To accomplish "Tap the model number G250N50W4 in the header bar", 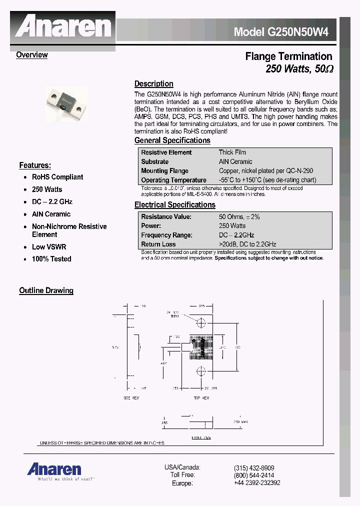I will (x=281, y=32).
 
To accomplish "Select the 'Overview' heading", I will (x=31, y=55).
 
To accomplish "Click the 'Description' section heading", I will (x=153, y=84).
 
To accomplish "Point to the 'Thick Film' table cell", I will (x=232, y=152).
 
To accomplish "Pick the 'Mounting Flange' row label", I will (x=164, y=171).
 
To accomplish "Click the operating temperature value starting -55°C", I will (x=267, y=180).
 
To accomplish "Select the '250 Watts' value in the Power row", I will (x=232, y=226).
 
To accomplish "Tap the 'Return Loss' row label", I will (x=158, y=244).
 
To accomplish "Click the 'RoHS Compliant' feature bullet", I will (x=57, y=177).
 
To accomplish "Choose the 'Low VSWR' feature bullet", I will (x=49, y=247).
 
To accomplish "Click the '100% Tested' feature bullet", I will (x=51, y=259).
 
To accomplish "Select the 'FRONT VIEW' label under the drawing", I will (x=201, y=437).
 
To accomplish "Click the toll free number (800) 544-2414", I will (x=254, y=475).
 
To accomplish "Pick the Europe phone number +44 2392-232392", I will (x=257, y=483).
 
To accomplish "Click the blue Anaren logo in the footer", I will (x=54, y=469).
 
